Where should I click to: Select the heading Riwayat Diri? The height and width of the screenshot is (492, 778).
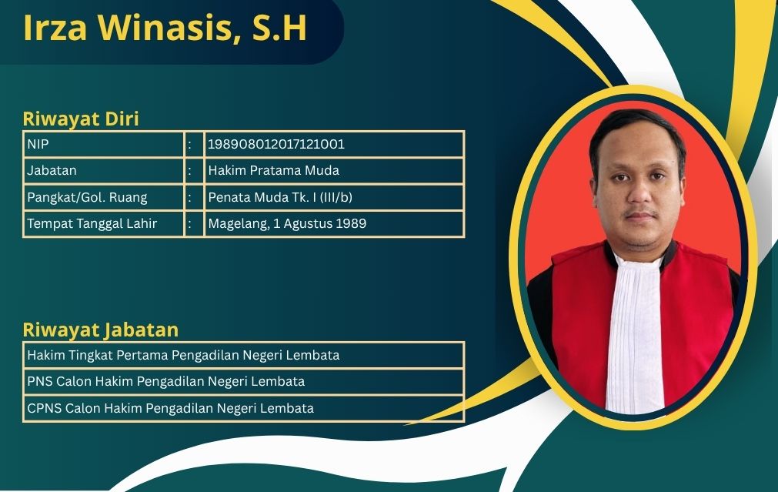81,119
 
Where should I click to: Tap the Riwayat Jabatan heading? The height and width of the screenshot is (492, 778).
101,330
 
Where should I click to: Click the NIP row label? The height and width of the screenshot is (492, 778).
38,144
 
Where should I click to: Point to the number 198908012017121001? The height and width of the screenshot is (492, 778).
275,144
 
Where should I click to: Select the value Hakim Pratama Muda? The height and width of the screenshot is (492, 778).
273,170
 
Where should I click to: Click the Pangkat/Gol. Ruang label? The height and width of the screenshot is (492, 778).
87,197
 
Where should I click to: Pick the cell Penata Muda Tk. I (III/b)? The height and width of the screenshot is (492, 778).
280,197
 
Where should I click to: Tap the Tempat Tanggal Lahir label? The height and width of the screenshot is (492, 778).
92,223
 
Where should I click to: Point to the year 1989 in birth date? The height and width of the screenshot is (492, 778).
351,223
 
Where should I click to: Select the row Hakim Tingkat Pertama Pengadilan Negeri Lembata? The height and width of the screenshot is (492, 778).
183,355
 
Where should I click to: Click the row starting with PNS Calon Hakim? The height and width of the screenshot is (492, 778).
165,381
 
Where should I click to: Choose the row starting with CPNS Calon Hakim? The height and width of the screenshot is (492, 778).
170,408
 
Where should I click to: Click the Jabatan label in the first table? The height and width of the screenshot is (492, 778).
52,170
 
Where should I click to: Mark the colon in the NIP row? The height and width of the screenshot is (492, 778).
190,145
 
